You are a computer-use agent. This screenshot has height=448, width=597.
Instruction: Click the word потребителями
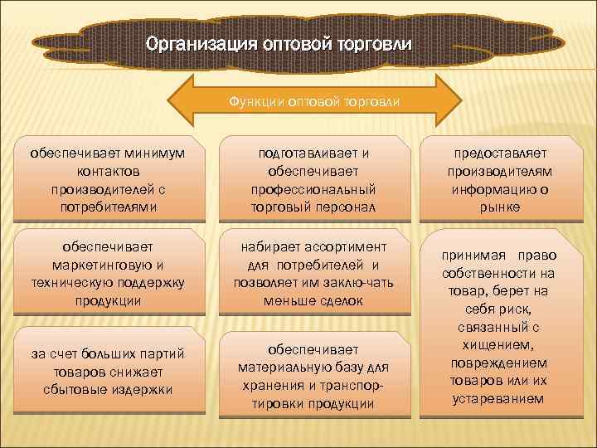(x=107, y=206)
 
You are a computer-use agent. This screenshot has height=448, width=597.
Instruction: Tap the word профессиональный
(x=313, y=188)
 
